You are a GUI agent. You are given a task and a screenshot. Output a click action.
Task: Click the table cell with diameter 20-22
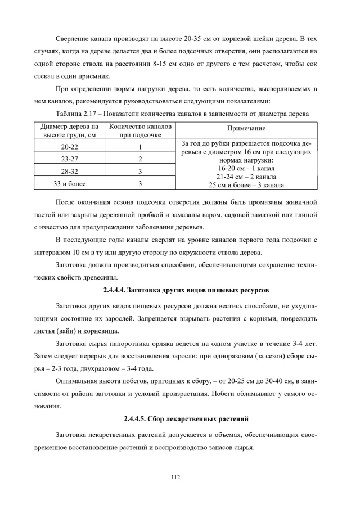coord(70,147)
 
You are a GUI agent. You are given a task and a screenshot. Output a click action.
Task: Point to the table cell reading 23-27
coord(70,159)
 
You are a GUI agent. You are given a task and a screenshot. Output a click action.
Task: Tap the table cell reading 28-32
coord(70,171)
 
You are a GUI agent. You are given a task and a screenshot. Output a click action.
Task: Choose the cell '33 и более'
coord(70,183)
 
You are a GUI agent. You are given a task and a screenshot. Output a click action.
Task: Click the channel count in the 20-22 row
coord(139,147)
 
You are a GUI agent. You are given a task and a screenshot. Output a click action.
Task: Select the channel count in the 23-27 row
coord(139,159)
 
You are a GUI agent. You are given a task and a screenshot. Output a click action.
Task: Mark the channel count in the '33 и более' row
coord(139,183)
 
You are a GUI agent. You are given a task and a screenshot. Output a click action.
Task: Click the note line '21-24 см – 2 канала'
coord(245,176)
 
